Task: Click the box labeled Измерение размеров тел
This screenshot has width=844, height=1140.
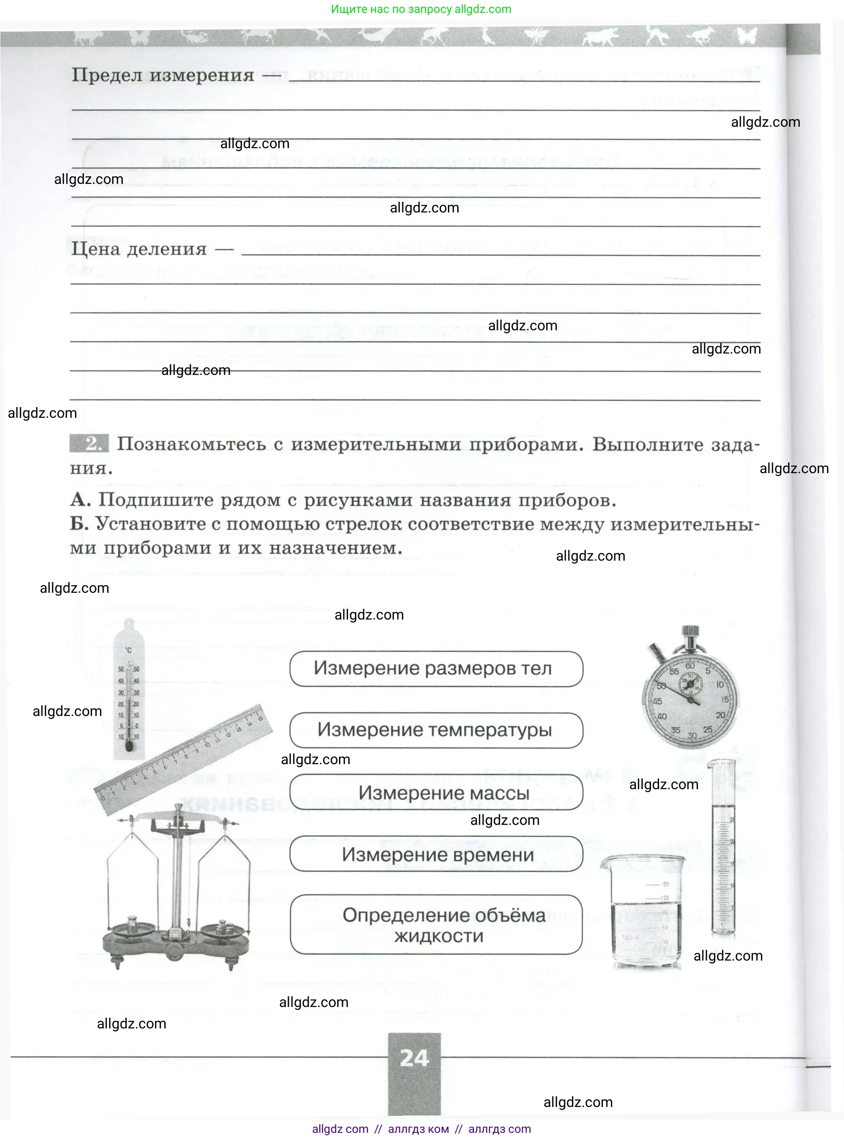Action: (436, 668)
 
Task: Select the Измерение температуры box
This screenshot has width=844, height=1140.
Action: (436, 730)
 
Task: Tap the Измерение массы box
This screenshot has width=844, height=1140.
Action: (436, 792)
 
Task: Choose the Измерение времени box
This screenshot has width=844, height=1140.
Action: (436, 854)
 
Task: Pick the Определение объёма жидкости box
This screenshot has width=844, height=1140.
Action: (436, 924)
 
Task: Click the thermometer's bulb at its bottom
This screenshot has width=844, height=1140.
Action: (129, 747)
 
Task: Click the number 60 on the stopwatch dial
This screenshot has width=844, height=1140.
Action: (689, 666)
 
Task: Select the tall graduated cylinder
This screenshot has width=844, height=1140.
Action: (723, 850)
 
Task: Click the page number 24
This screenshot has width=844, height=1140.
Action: (414, 1058)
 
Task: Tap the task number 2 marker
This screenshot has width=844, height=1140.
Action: (90, 443)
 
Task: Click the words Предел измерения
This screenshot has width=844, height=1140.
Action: (163, 75)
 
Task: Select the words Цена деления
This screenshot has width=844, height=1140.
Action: (139, 249)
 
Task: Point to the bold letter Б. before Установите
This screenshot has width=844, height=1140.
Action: (79, 523)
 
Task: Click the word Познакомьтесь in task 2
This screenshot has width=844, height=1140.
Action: (191, 444)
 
